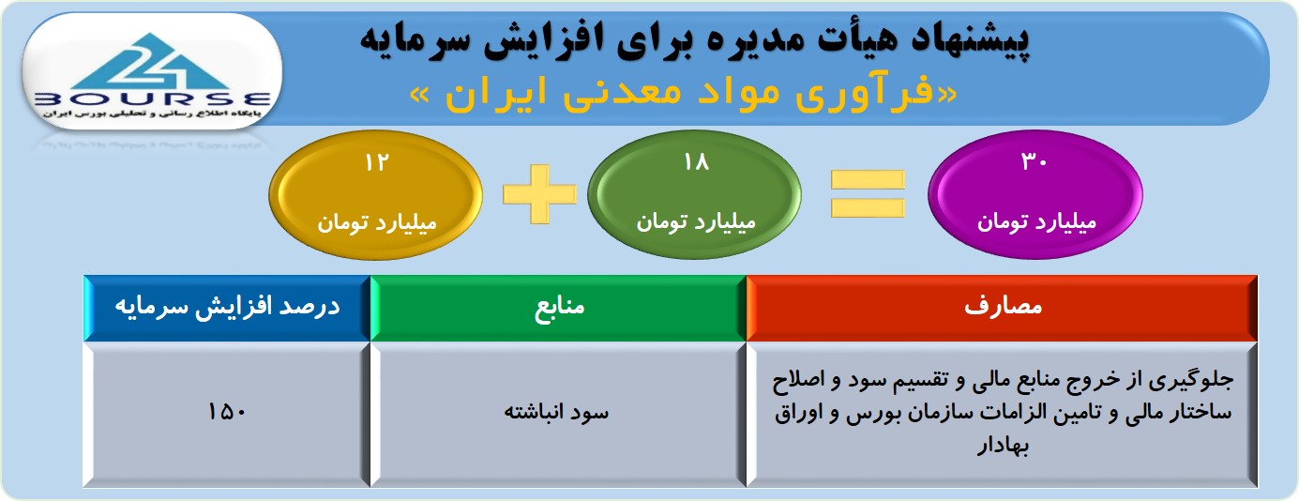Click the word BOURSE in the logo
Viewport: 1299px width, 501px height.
153,99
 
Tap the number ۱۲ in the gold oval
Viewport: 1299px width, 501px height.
376,163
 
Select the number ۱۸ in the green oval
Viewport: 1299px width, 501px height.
696,161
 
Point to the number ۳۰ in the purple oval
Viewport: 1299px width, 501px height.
1034,161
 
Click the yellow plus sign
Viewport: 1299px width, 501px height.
539,194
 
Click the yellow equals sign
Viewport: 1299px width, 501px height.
868,193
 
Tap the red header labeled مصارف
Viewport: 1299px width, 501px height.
1002,308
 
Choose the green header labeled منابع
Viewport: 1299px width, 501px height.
558,308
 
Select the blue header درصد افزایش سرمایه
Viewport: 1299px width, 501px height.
227,308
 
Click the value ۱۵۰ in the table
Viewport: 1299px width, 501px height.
227,412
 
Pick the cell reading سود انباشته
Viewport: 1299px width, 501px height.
556,412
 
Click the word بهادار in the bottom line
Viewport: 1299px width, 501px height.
1003,446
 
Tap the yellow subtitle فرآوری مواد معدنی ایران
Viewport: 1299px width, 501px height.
685,93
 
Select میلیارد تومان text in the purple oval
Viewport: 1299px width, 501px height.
1036,222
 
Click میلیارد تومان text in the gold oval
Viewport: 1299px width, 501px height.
376,223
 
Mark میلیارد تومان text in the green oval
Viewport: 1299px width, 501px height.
696,222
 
